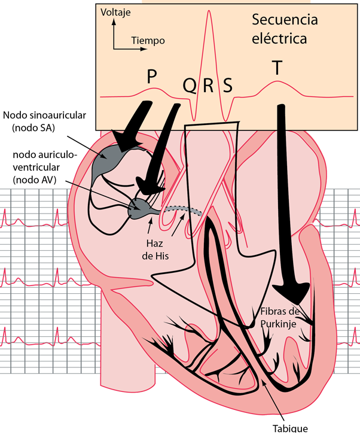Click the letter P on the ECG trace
(152, 77)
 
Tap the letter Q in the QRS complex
(190, 86)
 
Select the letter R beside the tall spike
(208, 85)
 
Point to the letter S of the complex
(228, 85)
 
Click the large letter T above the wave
(277, 68)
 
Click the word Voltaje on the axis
(115, 13)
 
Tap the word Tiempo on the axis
(148, 41)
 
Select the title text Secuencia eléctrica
(285, 29)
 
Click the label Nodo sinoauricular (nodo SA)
(44, 121)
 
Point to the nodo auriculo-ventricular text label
(44, 168)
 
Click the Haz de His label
(155, 250)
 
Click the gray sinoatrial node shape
(112, 162)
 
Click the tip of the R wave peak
(209, 11)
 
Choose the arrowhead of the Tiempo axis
(144, 49)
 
